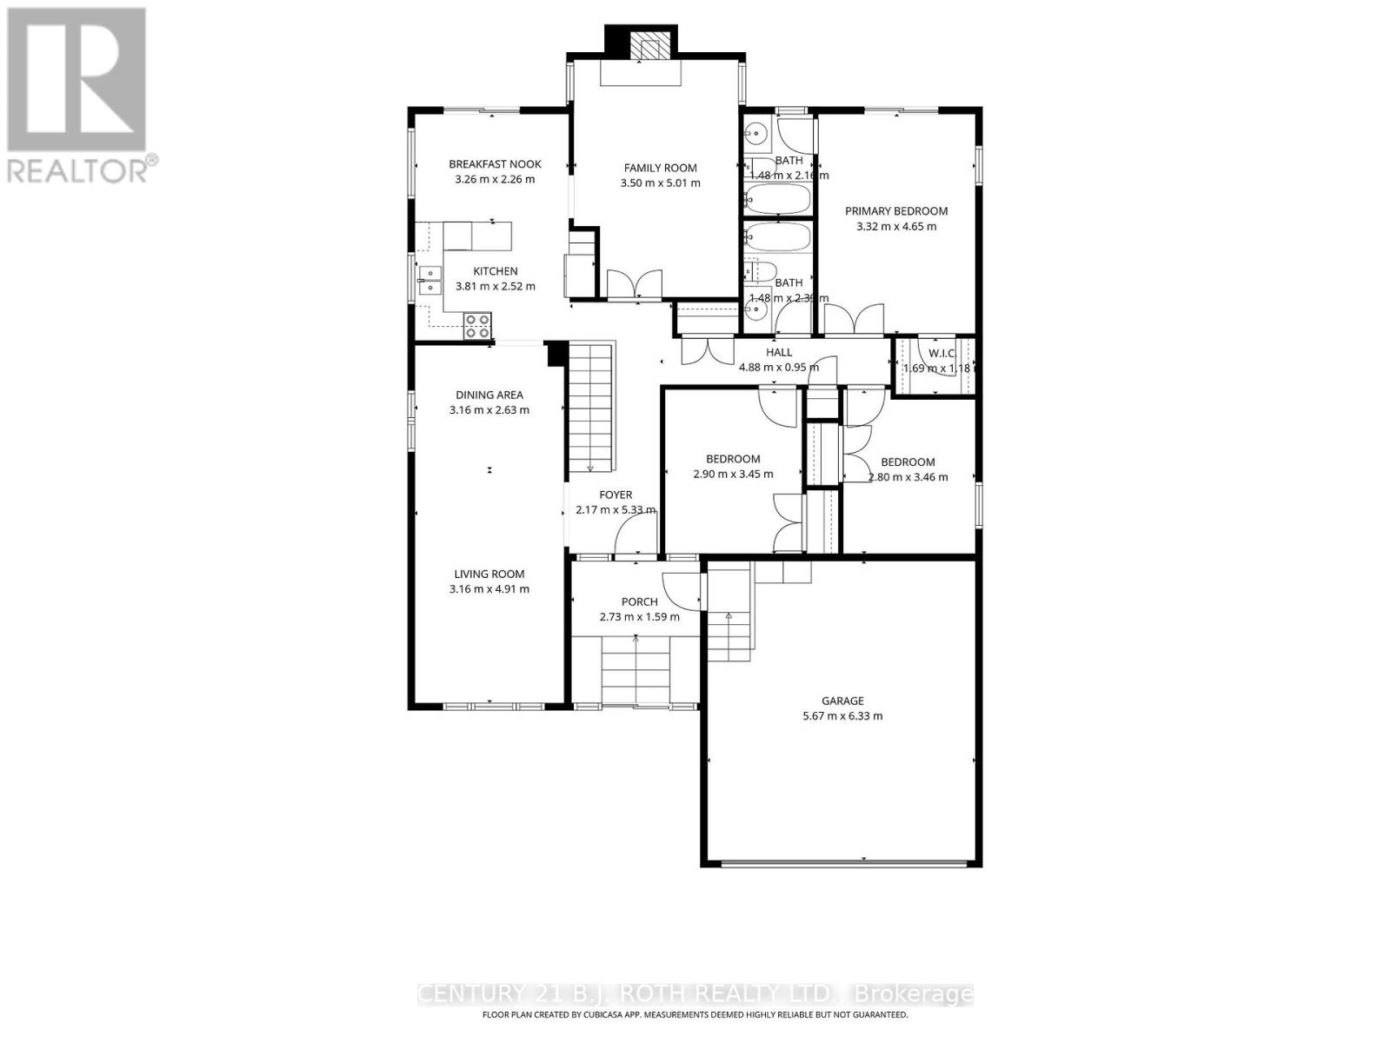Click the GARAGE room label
click(842, 701)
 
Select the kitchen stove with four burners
click(476, 325)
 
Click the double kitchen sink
click(429, 281)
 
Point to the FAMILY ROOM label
click(660, 168)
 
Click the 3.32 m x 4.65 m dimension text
click(896, 227)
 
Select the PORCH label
click(639, 601)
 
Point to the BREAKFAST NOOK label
click(495, 163)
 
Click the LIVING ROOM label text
click(489, 574)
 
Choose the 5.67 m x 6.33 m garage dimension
click(842, 716)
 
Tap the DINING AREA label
click(489, 395)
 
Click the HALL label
click(779, 352)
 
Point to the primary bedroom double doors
click(855, 319)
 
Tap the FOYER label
click(616, 495)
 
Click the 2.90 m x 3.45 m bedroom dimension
click(733, 475)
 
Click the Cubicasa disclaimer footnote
click(695, 1014)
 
